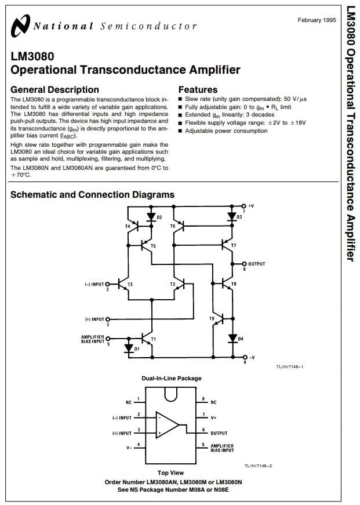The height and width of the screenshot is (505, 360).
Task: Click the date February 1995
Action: (x=317, y=20)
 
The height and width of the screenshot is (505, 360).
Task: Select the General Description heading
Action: (x=54, y=90)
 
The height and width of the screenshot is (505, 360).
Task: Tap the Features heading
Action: (x=198, y=90)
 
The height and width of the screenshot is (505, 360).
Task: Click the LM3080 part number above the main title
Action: (x=32, y=57)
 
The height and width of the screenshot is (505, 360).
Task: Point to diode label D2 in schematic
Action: (x=159, y=217)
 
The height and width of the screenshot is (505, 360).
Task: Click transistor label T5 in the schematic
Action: (x=153, y=246)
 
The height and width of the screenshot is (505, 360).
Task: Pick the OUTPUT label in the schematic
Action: (x=256, y=264)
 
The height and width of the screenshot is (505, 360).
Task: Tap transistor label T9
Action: (x=212, y=318)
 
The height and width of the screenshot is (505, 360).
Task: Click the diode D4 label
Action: (x=241, y=339)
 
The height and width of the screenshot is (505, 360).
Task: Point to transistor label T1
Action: (x=153, y=339)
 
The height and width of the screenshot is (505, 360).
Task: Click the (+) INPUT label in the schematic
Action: (x=94, y=319)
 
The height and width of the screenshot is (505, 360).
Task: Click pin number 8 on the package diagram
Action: (x=204, y=399)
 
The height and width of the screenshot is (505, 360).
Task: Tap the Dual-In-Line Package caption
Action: (x=172, y=379)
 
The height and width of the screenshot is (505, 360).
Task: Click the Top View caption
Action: (x=171, y=473)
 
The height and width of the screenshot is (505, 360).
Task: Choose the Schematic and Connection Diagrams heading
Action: (x=92, y=195)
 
